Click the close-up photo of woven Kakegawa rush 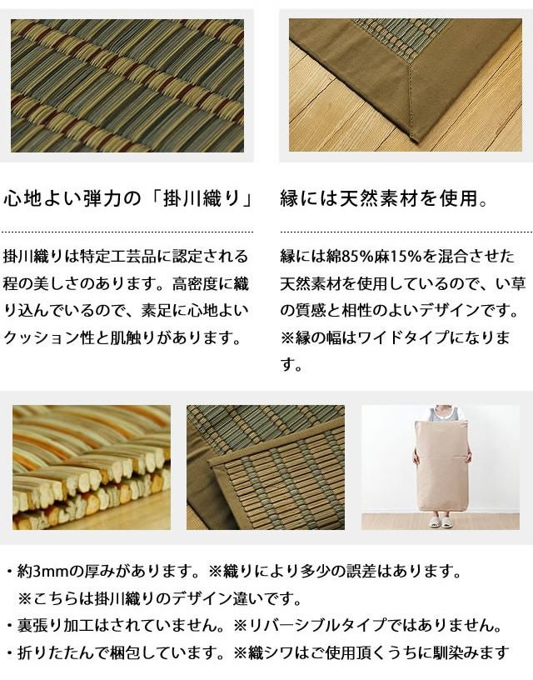127,85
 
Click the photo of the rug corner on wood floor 406,85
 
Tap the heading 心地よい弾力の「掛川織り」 128,200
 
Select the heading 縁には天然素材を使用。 384,200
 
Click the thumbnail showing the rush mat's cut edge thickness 92,467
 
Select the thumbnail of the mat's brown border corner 266,467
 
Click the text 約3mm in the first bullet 42,572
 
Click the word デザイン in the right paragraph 433,312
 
